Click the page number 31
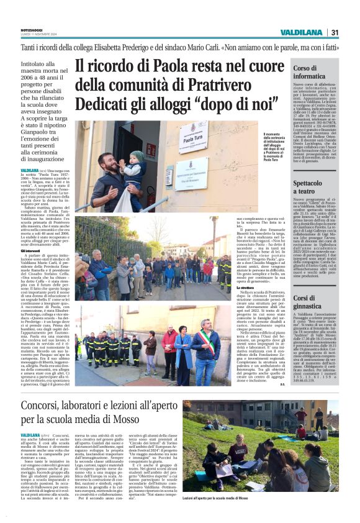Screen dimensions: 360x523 (335, 32)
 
